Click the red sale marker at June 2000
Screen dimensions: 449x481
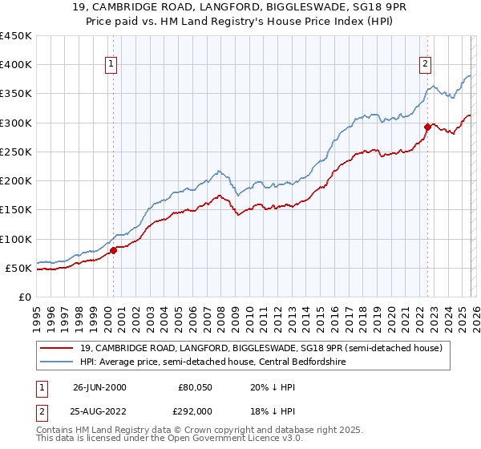[113, 250]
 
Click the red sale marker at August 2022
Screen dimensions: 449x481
[427, 127]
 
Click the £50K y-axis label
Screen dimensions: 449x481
[18, 268]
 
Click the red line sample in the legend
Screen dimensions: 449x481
[58, 348]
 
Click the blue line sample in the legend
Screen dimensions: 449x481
[58, 362]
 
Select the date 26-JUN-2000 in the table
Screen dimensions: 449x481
[99, 387]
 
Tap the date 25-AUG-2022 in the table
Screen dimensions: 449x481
[100, 411]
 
